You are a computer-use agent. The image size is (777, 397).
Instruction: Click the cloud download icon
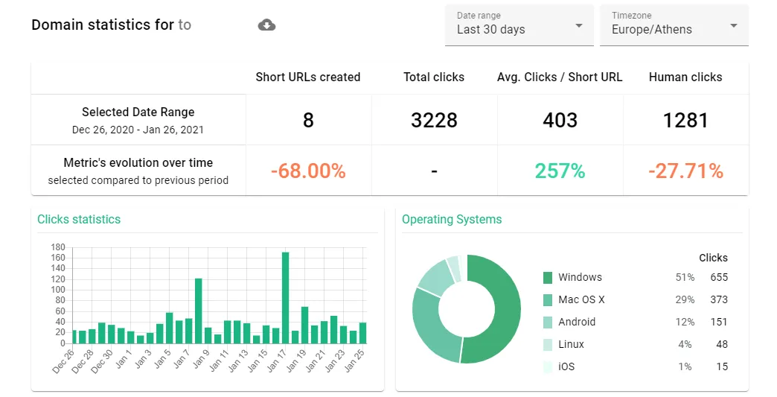266,25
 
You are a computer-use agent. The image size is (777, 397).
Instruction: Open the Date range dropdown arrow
578,25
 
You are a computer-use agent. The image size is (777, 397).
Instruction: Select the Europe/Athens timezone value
652,30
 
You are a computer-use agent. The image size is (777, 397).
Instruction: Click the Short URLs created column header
307,77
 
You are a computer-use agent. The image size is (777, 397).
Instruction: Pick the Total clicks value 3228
434,121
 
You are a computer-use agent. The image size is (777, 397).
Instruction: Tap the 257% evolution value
560,171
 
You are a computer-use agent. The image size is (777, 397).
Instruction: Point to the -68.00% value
308,171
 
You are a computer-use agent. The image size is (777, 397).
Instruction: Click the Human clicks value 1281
685,121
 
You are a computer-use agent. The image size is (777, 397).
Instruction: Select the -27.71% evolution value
685,171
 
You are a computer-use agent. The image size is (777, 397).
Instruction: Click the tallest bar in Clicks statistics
286,298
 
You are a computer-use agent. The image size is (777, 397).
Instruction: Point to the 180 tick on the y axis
58,247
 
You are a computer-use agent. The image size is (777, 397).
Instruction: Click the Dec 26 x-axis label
63,361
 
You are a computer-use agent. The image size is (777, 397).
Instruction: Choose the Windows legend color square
548,278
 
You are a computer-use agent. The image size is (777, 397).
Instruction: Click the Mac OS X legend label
581,300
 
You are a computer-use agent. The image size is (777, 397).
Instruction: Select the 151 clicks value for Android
719,323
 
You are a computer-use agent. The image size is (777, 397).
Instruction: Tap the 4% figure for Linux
685,344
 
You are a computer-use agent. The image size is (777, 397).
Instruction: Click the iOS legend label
566,366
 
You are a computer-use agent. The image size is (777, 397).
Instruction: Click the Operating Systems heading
452,220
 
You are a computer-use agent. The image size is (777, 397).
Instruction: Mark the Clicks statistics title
79,220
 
